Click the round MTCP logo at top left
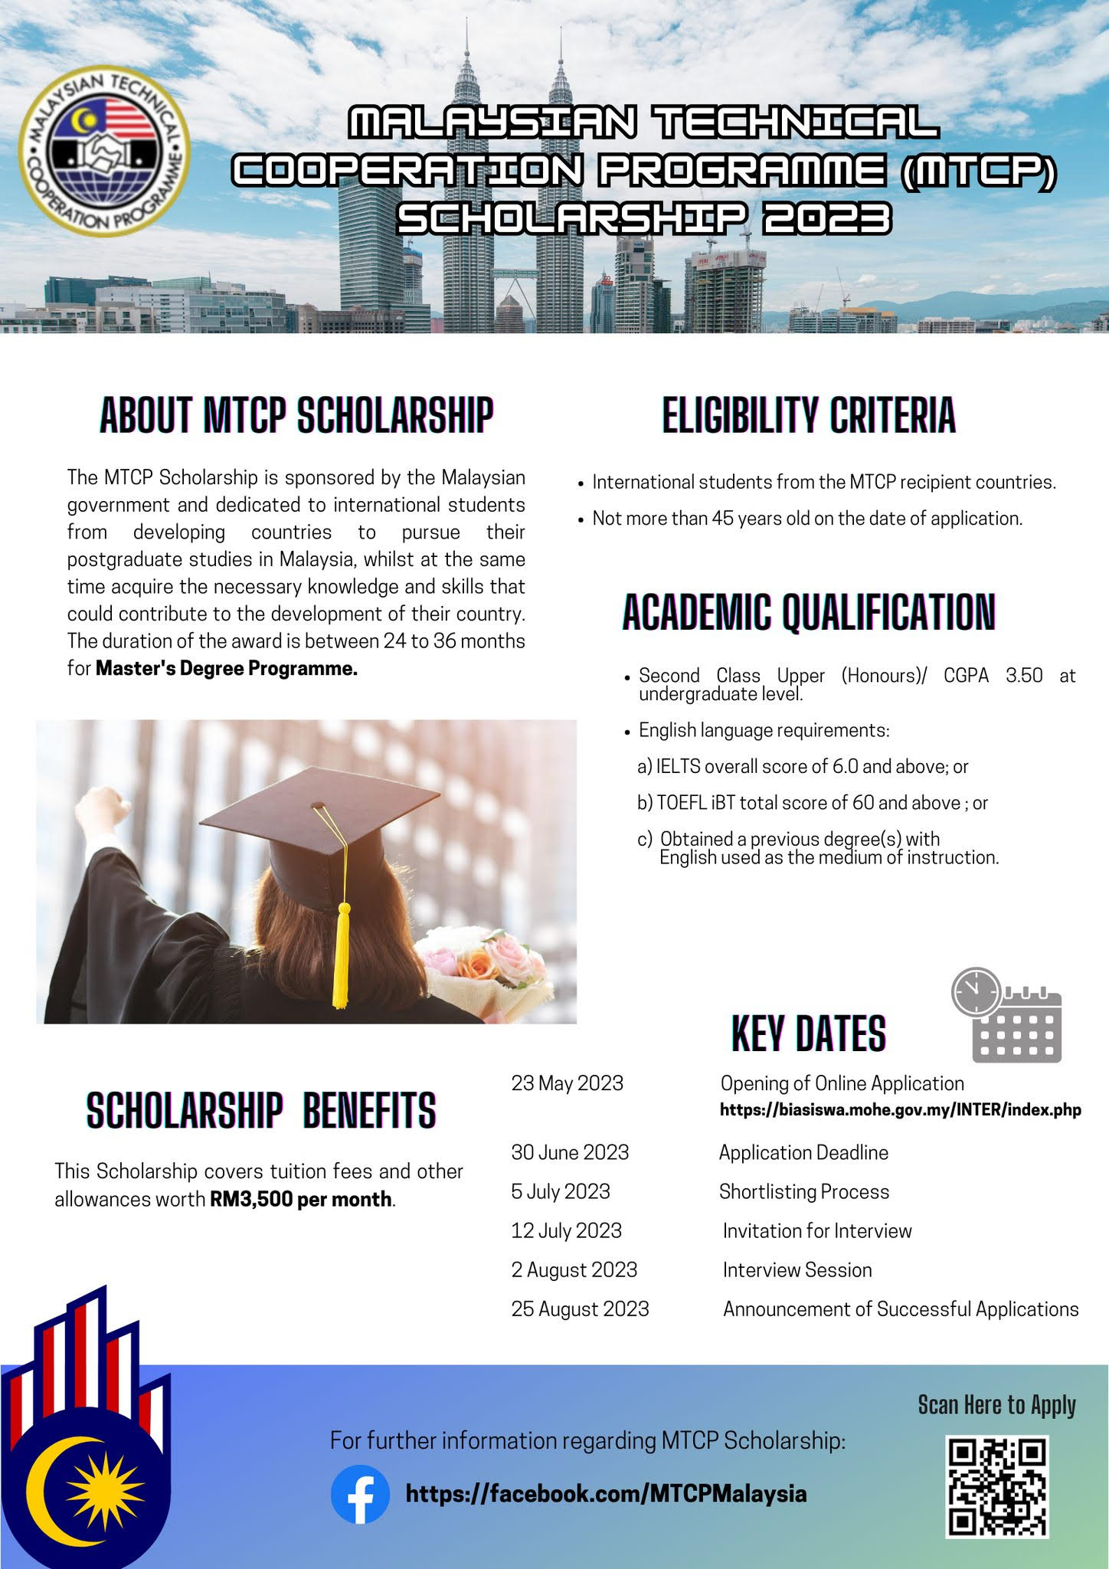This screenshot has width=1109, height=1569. point(105,150)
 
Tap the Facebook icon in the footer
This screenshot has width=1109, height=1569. point(360,1494)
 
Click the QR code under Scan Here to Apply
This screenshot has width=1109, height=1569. point(997,1486)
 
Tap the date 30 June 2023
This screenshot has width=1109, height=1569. point(570,1152)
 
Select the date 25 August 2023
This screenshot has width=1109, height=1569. point(580,1309)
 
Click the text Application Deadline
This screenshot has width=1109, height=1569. point(803,1152)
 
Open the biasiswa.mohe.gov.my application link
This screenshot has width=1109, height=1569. point(900,1110)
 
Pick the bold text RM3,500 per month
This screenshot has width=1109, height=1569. point(301,1199)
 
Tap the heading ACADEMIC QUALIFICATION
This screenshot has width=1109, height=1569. point(809,612)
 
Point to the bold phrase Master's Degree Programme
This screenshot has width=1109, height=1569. point(227,668)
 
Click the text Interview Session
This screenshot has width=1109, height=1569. point(797,1269)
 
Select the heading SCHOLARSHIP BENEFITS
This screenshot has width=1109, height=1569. point(261,1110)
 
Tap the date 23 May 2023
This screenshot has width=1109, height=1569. point(567,1083)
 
